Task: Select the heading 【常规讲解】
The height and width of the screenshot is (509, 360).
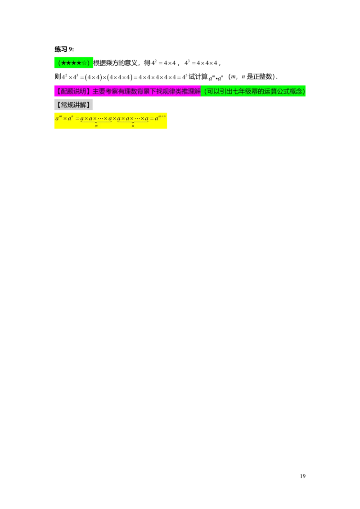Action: point(73,105)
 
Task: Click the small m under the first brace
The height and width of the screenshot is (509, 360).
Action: point(96,126)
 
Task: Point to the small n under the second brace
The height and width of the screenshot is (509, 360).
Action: point(133,126)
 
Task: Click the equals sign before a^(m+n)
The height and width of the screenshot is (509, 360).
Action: point(152,119)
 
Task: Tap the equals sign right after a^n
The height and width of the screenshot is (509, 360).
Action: point(77,119)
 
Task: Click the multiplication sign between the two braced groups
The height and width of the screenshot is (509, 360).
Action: point(114,119)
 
